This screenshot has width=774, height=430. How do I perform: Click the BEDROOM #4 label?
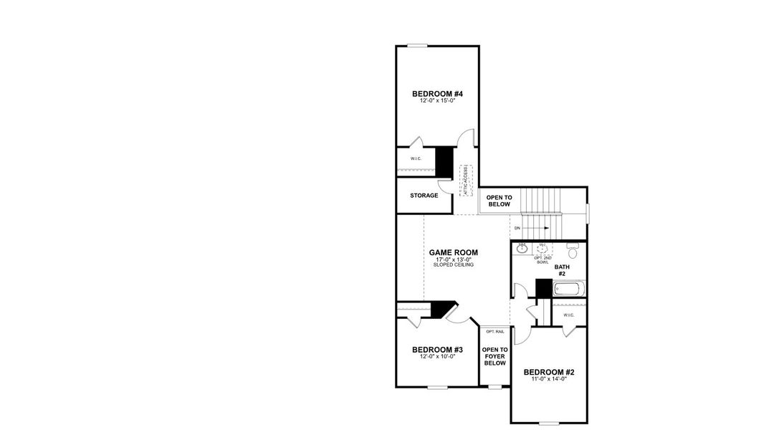tap(437, 94)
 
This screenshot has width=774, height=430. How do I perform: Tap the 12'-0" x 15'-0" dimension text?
tap(437, 102)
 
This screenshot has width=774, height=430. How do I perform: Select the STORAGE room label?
tap(424, 196)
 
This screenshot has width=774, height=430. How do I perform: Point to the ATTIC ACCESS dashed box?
tap(467, 179)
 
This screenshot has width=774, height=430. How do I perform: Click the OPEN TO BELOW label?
tap(499, 201)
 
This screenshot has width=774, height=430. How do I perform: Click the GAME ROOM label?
tap(453, 252)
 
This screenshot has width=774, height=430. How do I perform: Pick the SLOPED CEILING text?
tap(453, 265)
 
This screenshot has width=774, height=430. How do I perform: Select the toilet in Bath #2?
tap(572, 252)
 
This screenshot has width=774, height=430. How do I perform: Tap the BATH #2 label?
tap(562, 270)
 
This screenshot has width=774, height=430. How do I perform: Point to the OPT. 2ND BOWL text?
tap(543, 259)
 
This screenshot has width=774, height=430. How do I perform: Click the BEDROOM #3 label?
tap(437, 350)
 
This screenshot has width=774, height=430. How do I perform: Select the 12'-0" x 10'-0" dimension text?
tap(437, 357)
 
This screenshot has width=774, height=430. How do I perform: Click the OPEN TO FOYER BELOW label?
tap(494, 356)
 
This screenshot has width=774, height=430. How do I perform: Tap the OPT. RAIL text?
tap(494, 331)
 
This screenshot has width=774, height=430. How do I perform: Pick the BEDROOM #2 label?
tap(549, 372)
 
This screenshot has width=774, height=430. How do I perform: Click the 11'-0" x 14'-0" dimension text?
tap(549, 380)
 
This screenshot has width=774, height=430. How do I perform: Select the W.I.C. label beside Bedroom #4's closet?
tap(416, 158)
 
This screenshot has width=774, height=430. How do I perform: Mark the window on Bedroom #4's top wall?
tap(417, 46)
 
